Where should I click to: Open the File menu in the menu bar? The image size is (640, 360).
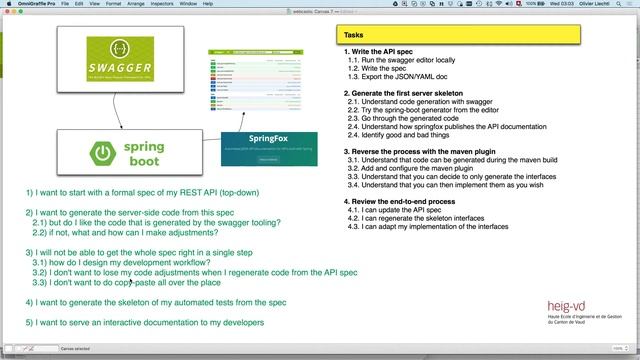pos(64,4)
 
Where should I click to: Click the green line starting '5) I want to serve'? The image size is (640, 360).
pos(145,323)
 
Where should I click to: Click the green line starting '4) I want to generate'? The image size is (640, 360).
pos(156,301)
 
